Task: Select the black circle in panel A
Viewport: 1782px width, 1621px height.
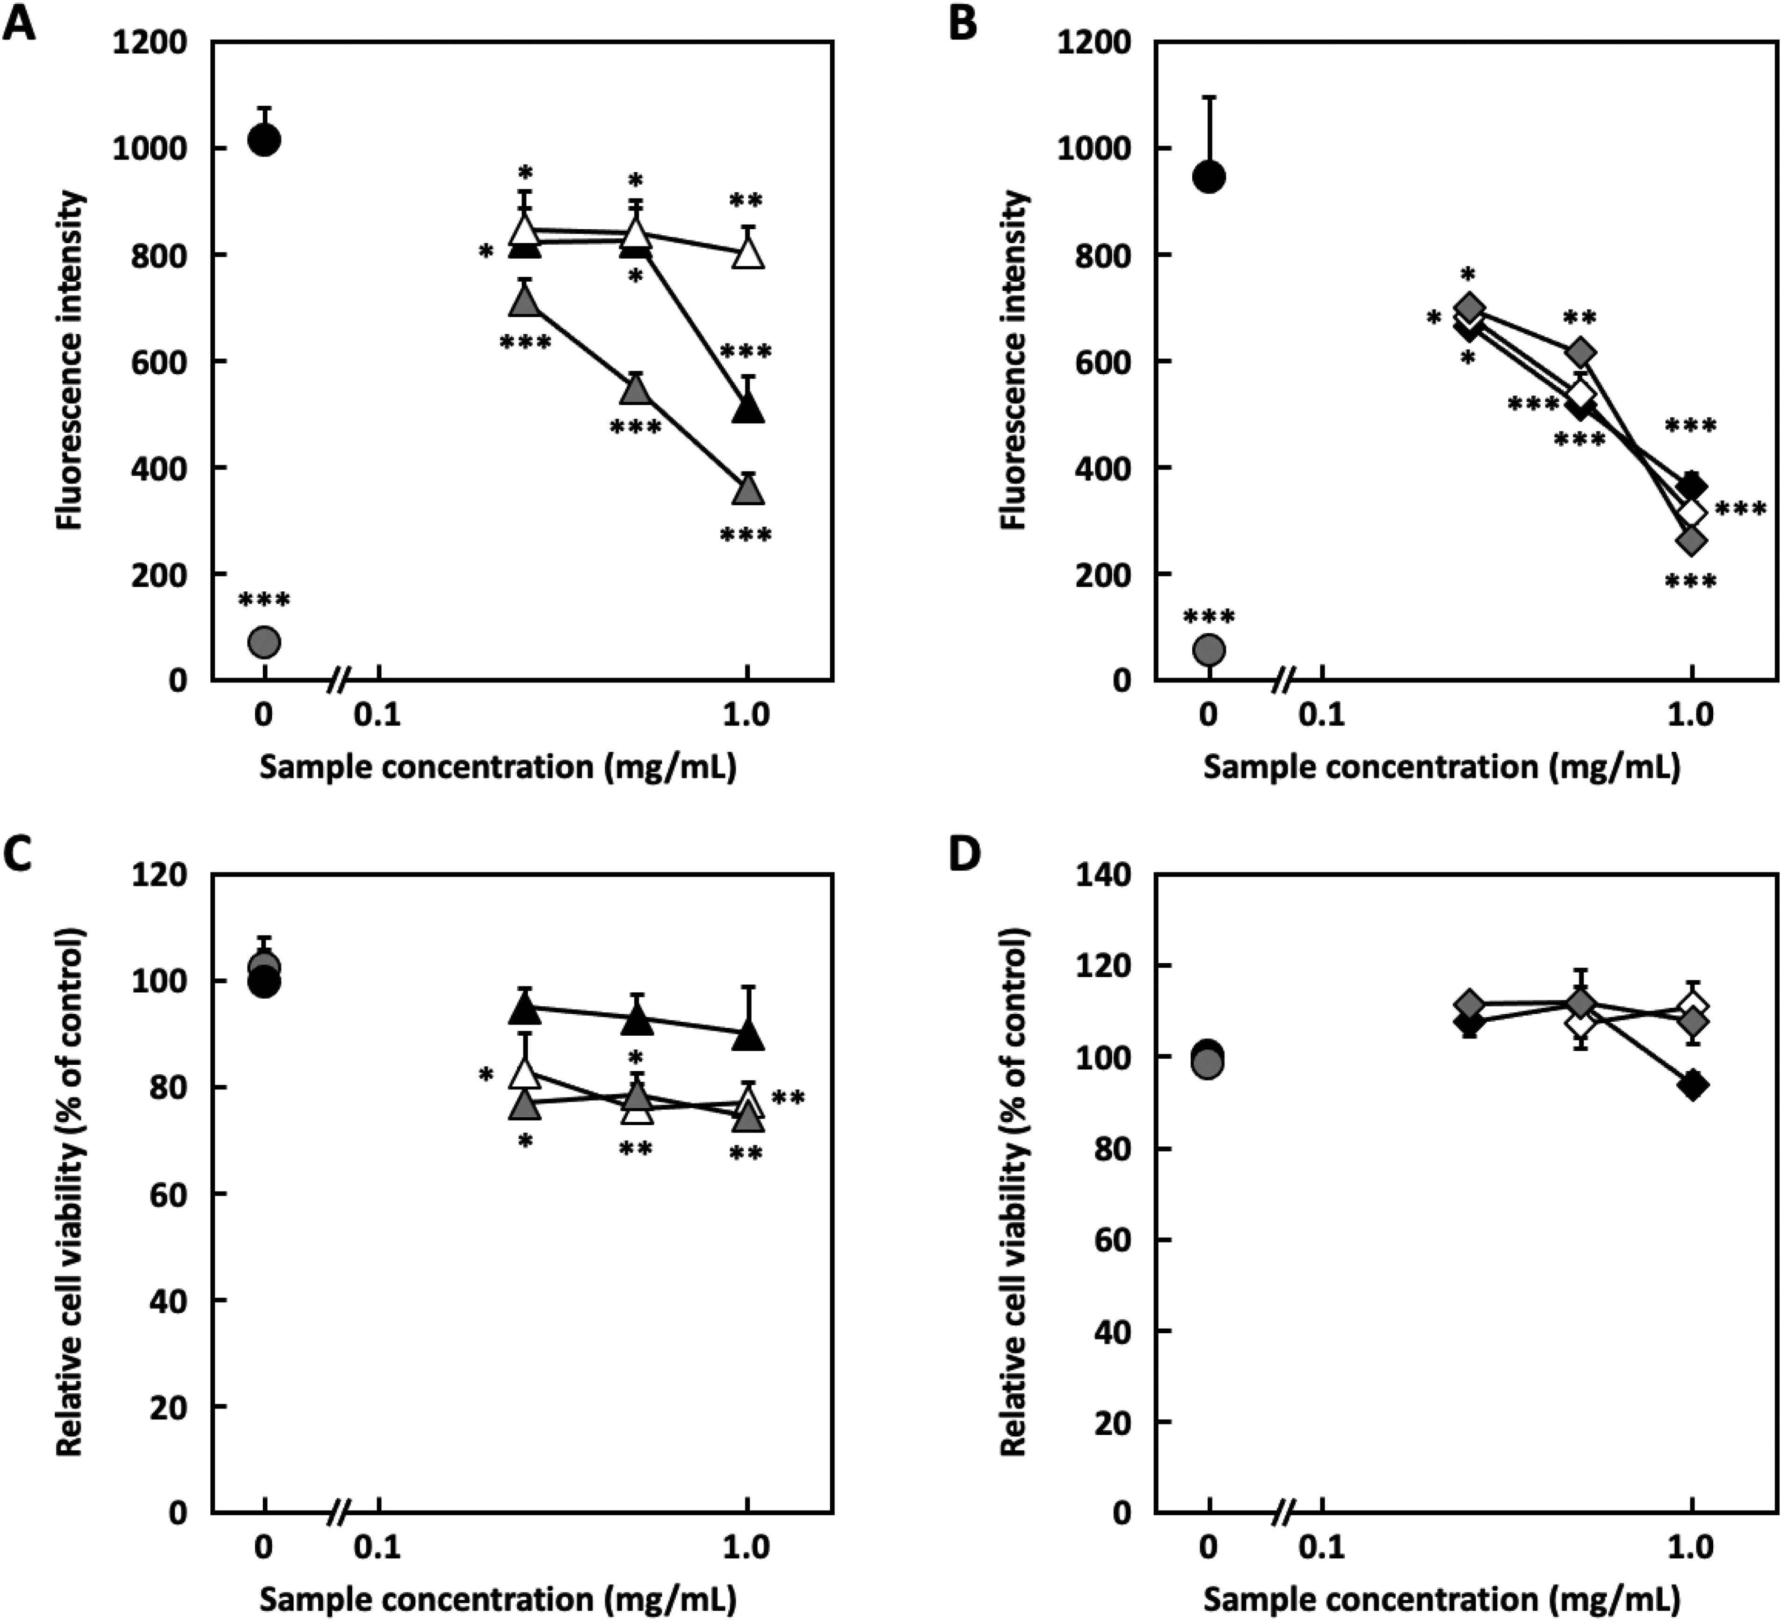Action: tap(264, 140)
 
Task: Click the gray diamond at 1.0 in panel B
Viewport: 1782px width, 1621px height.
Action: tap(1692, 540)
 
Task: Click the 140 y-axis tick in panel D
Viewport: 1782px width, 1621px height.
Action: tap(1102, 875)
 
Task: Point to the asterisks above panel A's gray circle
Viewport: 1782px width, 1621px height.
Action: tap(264, 601)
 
